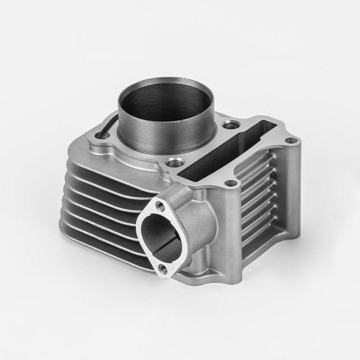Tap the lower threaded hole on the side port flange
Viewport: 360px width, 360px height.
click(163, 269)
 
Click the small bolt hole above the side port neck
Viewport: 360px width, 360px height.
click(231, 183)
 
